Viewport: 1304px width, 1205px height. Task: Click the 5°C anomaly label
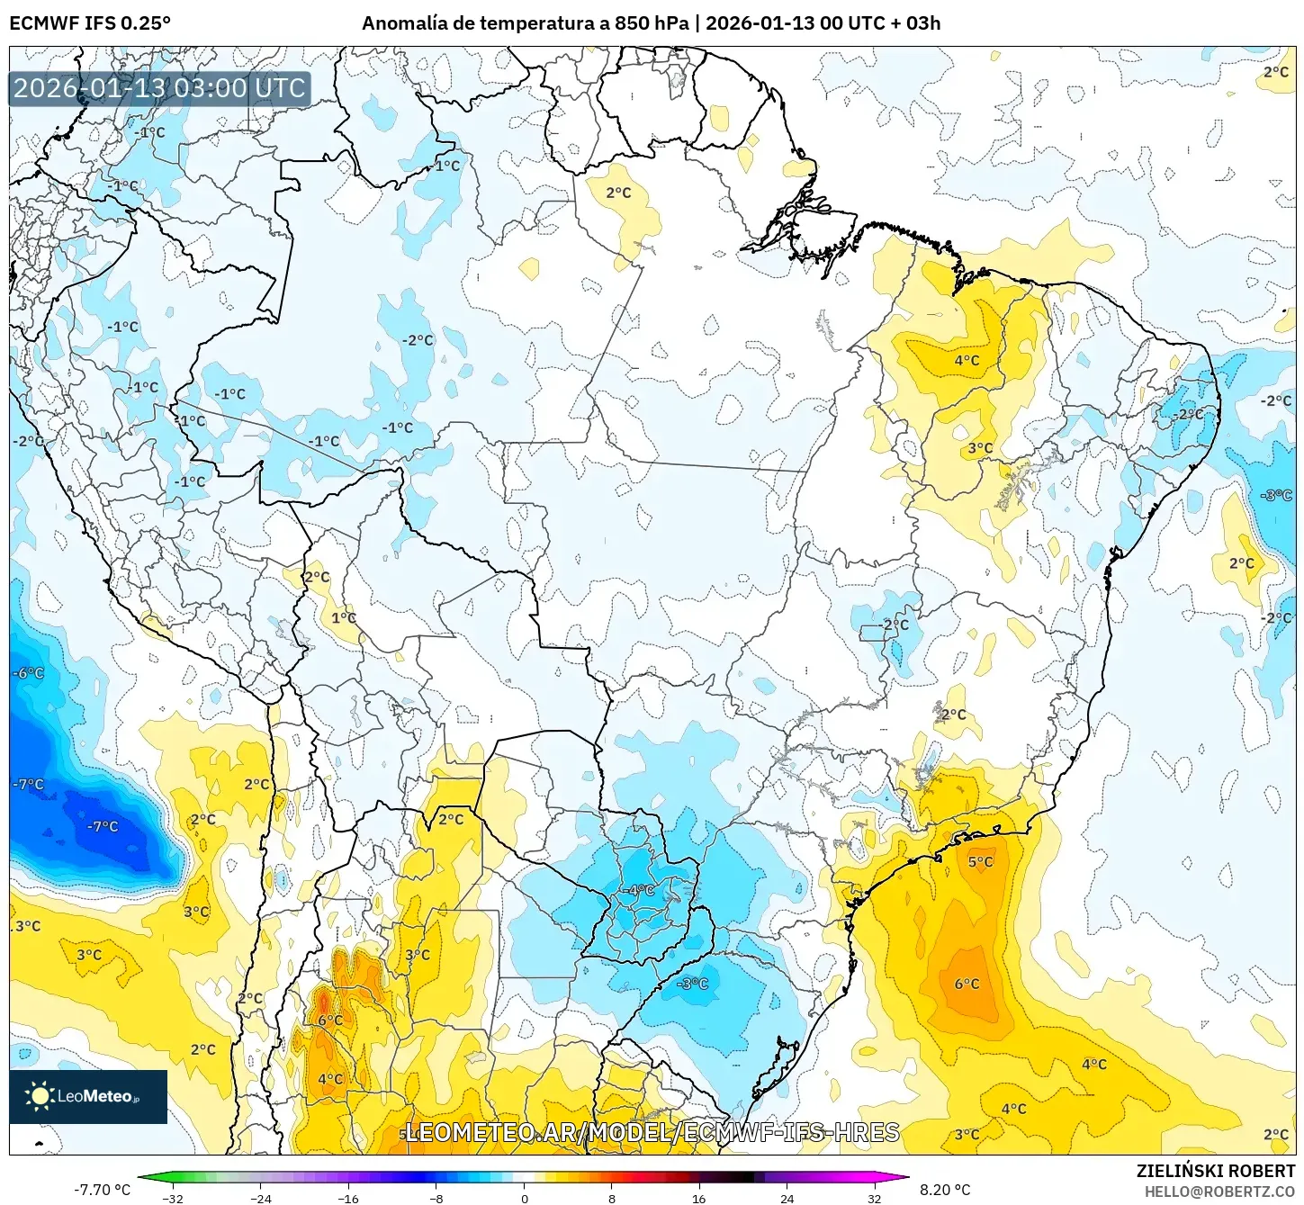[980, 861]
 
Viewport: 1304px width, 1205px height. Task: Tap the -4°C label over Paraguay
[640, 890]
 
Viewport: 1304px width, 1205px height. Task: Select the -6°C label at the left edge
[28, 673]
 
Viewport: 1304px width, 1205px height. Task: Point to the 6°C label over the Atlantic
[967, 984]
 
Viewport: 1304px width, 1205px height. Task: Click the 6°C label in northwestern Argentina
[330, 1020]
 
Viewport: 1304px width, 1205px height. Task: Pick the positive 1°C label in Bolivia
[344, 617]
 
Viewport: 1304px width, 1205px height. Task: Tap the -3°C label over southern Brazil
[692, 984]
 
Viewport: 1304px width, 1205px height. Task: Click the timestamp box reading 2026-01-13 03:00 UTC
[160, 88]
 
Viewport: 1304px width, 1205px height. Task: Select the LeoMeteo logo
[88, 1096]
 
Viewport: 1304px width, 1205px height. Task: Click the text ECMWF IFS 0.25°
[90, 23]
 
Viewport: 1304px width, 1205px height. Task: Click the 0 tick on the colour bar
[524, 1198]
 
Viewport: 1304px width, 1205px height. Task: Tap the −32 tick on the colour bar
[172, 1198]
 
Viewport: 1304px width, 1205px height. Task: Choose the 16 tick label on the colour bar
[698, 1198]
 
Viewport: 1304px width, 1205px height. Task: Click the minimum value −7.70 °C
[102, 1190]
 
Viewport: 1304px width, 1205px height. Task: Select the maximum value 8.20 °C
[945, 1190]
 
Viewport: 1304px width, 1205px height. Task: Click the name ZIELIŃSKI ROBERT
[1215, 1171]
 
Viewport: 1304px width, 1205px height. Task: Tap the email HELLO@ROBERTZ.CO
[1219, 1192]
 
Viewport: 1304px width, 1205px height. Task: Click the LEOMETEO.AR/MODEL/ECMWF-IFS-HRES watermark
[652, 1132]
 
